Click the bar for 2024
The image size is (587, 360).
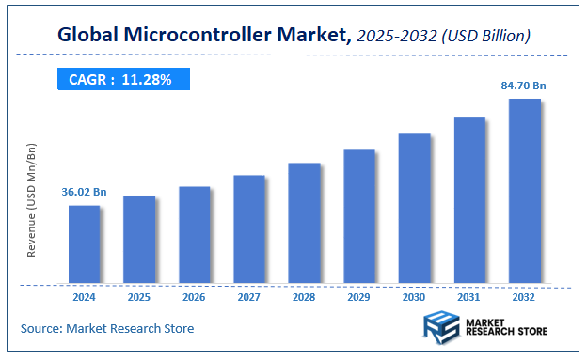pyautogui.click(x=84, y=244)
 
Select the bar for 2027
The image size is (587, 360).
pyautogui.click(x=249, y=229)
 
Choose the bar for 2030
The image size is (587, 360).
pyautogui.click(x=415, y=209)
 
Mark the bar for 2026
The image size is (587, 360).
pyautogui.click(x=194, y=235)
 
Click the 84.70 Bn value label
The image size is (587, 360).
pyautogui.click(x=524, y=86)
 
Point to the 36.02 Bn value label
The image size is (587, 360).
pyautogui.click(x=84, y=193)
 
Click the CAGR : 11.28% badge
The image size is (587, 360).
pyautogui.click(x=120, y=80)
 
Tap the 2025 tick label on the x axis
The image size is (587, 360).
pyautogui.click(x=139, y=297)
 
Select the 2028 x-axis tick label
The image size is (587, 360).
pyautogui.click(x=304, y=297)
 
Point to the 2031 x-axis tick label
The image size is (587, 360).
pyautogui.click(x=469, y=297)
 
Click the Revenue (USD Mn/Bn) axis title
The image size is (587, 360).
pyautogui.click(x=31, y=202)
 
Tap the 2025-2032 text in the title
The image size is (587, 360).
pyautogui.click(x=397, y=37)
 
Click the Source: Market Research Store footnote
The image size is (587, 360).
pyautogui.click(x=107, y=328)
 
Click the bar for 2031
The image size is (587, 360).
pyautogui.click(x=469, y=200)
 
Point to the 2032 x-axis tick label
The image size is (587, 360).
pyautogui.click(x=525, y=297)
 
